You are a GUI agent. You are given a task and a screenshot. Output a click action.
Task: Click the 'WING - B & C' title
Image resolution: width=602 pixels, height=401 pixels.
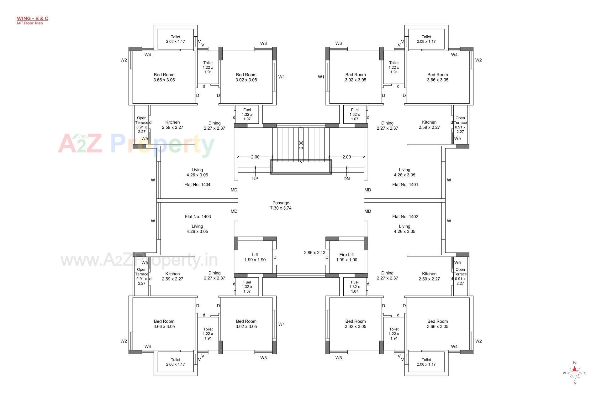[32, 18]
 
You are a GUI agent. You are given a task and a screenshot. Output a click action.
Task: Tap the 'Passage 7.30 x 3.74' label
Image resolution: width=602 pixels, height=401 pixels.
[281, 206]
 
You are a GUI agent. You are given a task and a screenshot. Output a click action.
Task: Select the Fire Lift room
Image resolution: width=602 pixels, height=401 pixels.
[346, 257]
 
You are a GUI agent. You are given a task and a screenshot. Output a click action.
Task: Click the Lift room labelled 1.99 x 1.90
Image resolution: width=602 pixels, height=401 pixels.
[255, 257]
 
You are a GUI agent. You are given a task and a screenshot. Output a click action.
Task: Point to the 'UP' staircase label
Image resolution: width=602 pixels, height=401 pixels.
[255, 179]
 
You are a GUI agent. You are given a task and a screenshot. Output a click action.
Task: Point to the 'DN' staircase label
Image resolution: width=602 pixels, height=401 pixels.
[346, 179]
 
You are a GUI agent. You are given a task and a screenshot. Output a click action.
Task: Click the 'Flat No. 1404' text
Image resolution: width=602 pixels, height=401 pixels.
[197, 185]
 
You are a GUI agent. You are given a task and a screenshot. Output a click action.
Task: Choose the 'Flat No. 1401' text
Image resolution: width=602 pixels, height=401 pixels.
[404, 185]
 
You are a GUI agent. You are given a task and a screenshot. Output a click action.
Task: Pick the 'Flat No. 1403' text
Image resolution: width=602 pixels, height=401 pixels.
[198, 217]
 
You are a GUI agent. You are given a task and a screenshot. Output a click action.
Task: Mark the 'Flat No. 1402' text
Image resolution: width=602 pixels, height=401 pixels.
[405, 217]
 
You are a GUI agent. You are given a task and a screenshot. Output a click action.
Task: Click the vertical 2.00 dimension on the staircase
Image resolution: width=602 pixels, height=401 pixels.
[301, 144]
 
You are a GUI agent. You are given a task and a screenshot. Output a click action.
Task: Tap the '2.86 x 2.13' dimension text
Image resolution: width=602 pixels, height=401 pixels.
[314, 253]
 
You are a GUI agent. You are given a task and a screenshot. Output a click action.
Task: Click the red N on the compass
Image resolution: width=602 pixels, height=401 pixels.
[574, 363]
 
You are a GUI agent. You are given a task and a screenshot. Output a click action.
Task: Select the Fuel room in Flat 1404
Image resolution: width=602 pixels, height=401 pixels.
[247, 114]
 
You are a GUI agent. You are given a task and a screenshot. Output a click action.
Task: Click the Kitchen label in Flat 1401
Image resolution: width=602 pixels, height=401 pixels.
[429, 125]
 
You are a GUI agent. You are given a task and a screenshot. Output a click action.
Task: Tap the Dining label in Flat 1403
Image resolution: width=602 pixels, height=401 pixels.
[214, 275]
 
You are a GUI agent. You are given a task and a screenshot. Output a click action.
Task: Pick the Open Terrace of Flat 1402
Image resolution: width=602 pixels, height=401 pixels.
[460, 276]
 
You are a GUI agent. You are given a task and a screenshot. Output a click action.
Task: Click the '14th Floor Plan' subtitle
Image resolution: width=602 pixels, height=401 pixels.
[30, 23]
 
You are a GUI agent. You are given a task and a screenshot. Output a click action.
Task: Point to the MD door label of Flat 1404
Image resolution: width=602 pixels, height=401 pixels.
[234, 190]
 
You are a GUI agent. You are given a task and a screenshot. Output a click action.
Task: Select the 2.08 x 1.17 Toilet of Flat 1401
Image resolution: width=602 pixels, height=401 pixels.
[426, 39]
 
